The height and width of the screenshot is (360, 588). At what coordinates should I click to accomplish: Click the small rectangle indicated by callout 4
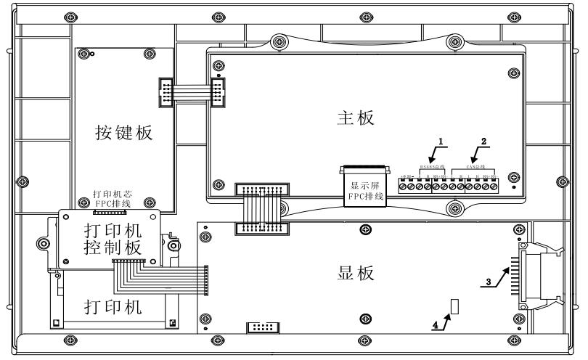pos(455,306)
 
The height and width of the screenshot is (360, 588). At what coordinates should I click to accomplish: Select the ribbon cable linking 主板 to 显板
pos(261,209)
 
